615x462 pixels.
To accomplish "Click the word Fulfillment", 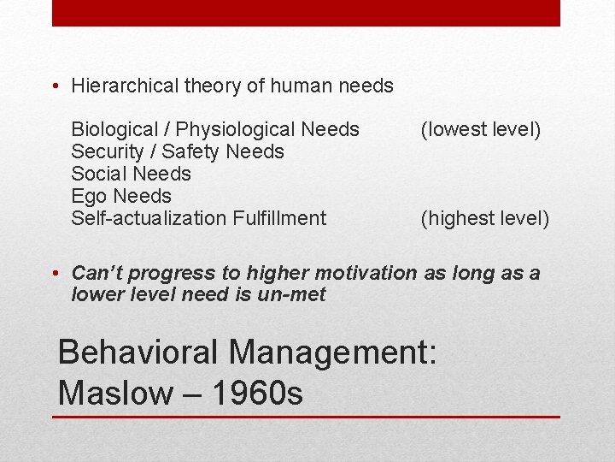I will pos(278,219).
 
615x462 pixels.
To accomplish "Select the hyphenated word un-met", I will pos(296,295).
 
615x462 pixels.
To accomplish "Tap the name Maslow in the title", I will pos(114,394).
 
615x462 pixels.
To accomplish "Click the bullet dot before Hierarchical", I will pos(56,86).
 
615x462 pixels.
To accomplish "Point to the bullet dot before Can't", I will pos(56,274).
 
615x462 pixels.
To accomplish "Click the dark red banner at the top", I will pos(306,13).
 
